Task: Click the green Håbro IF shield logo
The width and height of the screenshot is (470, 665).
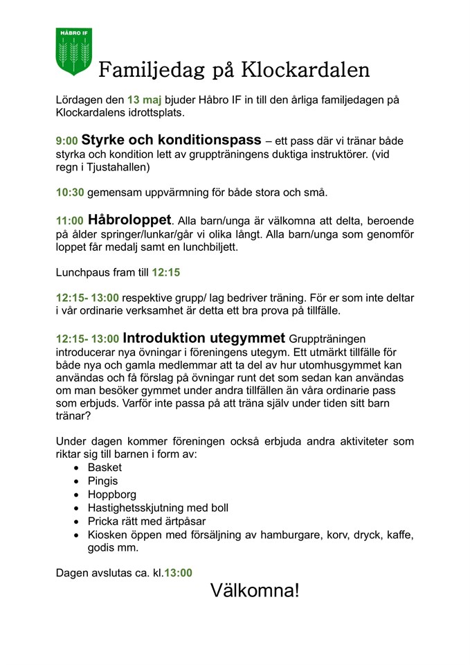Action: click(x=73, y=51)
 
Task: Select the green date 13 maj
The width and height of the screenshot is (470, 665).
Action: click(x=144, y=100)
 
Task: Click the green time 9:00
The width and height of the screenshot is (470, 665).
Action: click(x=67, y=141)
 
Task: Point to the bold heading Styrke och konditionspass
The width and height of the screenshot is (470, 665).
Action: click(x=171, y=139)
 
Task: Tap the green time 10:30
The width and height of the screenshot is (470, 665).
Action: click(x=69, y=193)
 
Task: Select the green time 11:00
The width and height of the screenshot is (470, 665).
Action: click(x=70, y=220)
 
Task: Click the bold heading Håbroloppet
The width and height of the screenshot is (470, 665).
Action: click(x=129, y=219)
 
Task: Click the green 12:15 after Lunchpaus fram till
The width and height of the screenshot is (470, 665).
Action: click(x=166, y=272)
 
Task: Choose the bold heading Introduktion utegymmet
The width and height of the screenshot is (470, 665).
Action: click(x=204, y=339)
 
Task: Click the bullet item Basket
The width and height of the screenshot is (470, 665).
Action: click(x=105, y=468)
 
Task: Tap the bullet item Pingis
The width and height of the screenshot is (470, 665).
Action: click(x=102, y=481)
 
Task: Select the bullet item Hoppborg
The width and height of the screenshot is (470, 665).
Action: click(x=111, y=495)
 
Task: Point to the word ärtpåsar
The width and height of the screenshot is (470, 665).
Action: click(x=182, y=521)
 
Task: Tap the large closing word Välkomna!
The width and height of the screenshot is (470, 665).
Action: click(x=255, y=591)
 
